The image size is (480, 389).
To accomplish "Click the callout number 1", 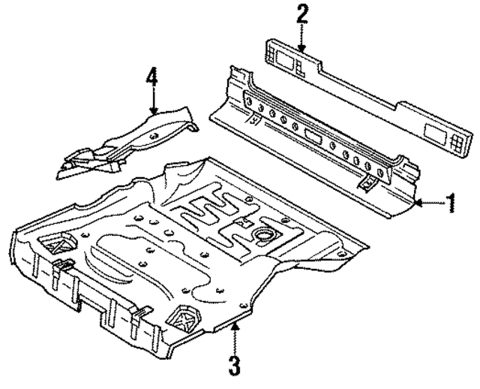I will click(450, 203).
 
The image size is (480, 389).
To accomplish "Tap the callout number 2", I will click(301, 14).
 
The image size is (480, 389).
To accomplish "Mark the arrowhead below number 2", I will click(301, 50).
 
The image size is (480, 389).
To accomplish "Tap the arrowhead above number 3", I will click(235, 321).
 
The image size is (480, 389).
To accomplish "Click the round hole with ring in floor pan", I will click(263, 237).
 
